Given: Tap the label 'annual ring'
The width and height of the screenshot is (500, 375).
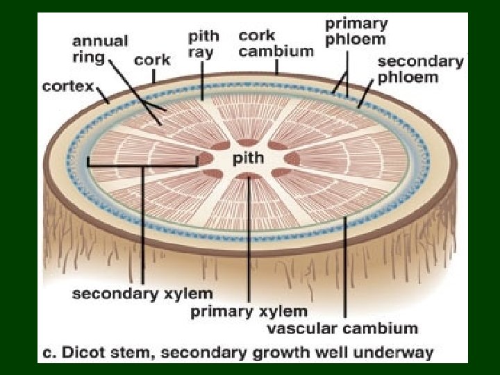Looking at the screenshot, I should pyautogui.click(x=100, y=49).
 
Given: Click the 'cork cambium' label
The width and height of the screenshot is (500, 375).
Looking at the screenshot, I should pyautogui.click(x=276, y=43).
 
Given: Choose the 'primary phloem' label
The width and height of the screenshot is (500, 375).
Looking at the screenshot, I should pyautogui.click(x=356, y=31).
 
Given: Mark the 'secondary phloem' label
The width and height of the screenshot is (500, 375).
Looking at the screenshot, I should pyautogui.click(x=420, y=69).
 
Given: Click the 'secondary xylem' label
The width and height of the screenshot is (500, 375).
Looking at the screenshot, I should pyautogui.click(x=143, y=294).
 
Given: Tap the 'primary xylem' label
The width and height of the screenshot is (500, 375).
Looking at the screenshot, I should pyautogui.click(x=249, y=311).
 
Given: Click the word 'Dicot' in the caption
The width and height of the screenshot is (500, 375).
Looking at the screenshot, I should pyautogui.click(x=87, y=353).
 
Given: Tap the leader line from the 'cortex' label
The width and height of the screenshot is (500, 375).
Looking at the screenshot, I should pyautogui.click(x=104, y=95).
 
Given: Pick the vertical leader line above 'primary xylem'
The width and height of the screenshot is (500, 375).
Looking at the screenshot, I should pyautogui.click(x=249, y=236).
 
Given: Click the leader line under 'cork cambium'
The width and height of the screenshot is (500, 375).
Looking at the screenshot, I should pyautogui.click(x=276, y=66).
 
